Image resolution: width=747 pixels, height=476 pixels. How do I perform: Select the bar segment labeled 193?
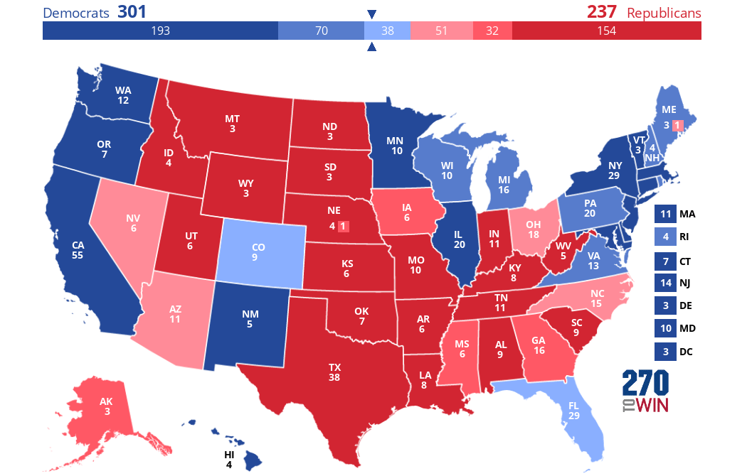[160, 31]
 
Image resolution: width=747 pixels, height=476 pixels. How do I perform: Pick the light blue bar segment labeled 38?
[387, 31]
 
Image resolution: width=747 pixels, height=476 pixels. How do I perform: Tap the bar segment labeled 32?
[492, 31]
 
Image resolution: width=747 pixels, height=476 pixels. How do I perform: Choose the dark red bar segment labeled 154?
[606, 31]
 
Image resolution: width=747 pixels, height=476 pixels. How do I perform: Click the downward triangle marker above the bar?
[371, 14]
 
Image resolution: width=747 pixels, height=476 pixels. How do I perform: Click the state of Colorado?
[258, 253]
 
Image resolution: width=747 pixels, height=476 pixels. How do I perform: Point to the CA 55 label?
[78, 249]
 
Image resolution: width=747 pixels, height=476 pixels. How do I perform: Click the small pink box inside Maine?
[677, 126]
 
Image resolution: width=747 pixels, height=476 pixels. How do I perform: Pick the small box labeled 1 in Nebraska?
[343, 227]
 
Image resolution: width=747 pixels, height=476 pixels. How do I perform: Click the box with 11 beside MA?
[664, 214]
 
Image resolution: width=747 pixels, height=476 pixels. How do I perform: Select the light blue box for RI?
[664, 237]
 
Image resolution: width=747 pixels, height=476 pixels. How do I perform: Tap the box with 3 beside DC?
[664, 351]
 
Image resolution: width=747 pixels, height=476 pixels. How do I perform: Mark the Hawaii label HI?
[229, 455]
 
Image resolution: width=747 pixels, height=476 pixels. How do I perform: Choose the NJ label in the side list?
[686, 283]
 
